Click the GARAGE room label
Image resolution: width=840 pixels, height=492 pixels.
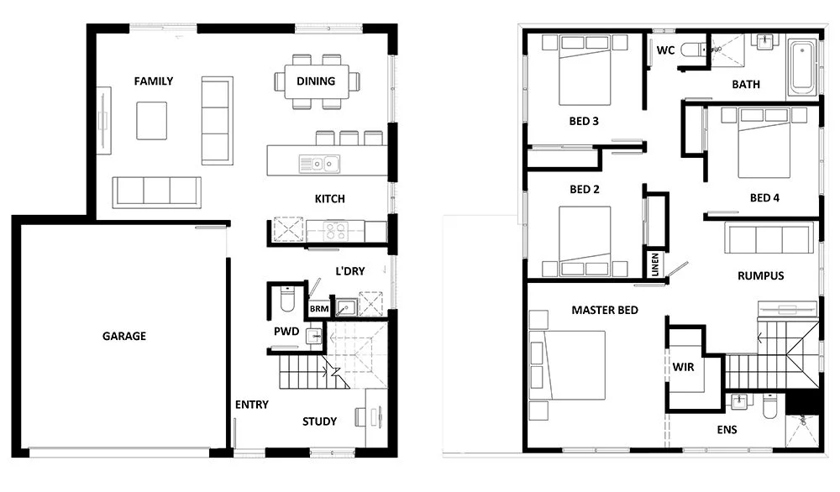coord(124,336)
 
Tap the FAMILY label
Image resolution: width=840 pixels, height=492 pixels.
coord(154,81)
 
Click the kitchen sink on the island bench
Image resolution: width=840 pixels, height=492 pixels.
coord(318,162)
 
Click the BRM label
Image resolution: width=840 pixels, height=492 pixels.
coord(318,309)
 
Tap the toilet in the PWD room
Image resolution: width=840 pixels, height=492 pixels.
coord(286,298)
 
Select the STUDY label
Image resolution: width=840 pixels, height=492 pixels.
coord(319,421)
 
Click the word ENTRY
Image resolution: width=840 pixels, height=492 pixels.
coord(252,405)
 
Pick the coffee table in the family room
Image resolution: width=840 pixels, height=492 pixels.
coord(152,121)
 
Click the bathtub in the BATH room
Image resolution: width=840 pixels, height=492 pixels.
coord(801,68)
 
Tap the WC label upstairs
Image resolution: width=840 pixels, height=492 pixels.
coord(665,50)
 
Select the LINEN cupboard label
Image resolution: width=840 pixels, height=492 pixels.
coord(654,264)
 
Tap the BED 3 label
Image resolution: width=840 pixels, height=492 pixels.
coord(584,121)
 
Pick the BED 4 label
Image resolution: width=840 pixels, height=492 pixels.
coord(764,198)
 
